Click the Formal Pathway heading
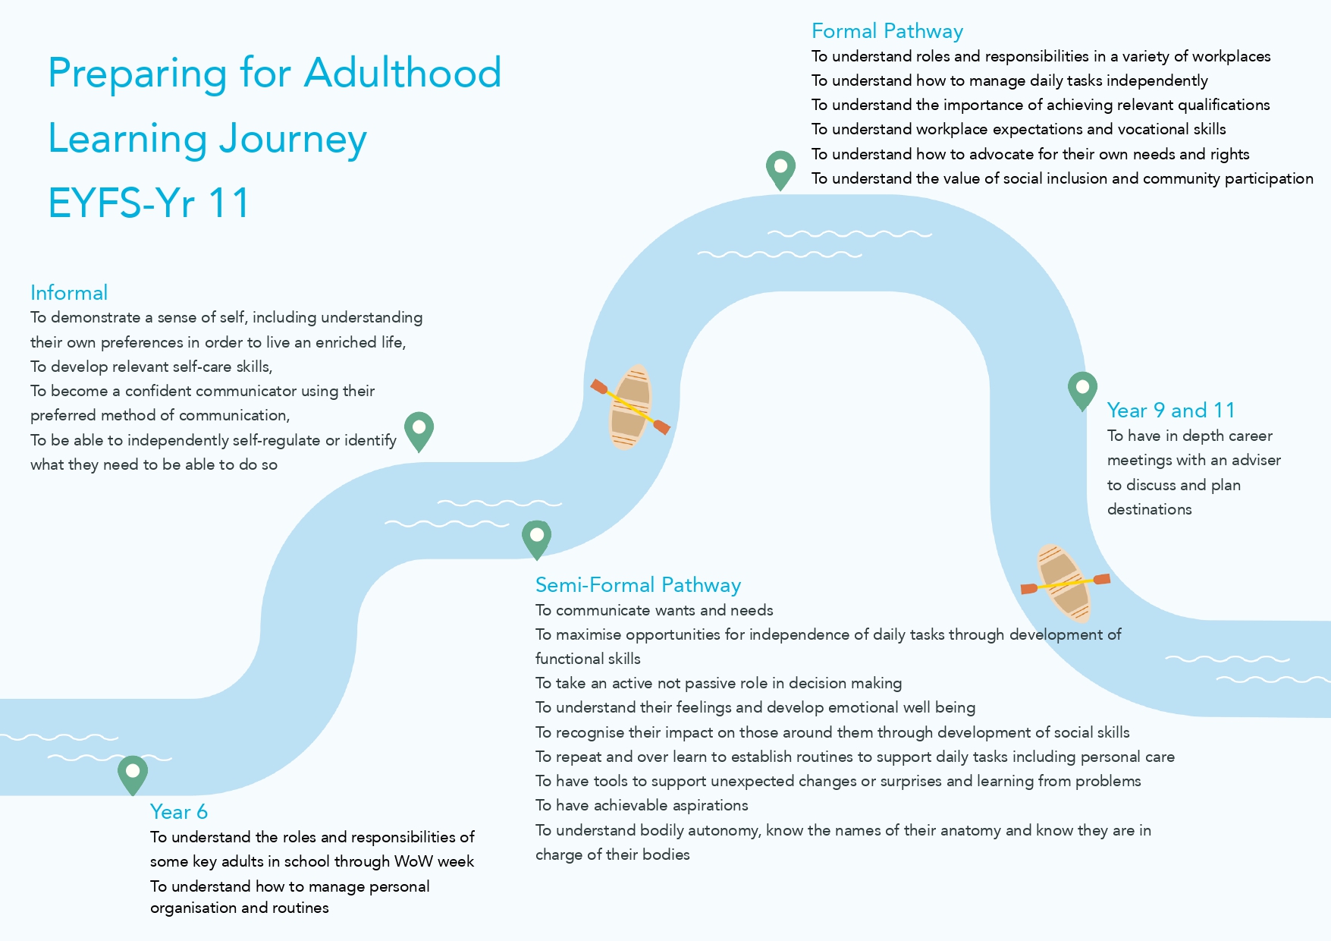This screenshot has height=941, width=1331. pos(887,32)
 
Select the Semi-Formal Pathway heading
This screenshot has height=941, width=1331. pos(638,585)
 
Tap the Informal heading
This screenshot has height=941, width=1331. pos(69,293)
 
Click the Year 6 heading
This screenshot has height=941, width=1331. pos(179,812)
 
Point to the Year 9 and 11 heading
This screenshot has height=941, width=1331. pos(1170,411)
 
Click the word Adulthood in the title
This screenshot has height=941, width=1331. pos(403,74)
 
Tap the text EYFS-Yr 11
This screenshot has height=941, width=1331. pos(149,203)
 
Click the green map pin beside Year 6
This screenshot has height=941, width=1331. pos(133,773)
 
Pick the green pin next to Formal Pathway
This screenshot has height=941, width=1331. pos(780,168)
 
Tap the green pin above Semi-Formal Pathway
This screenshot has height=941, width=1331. pos(536,538)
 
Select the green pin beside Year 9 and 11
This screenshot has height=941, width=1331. pos(1082,389)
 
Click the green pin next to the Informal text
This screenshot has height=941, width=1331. pos(419,430)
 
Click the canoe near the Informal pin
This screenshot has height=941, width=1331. pos(631,407)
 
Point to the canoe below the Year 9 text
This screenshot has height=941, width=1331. pos(1066,583)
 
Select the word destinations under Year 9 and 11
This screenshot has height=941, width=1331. pos(1149,510)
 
